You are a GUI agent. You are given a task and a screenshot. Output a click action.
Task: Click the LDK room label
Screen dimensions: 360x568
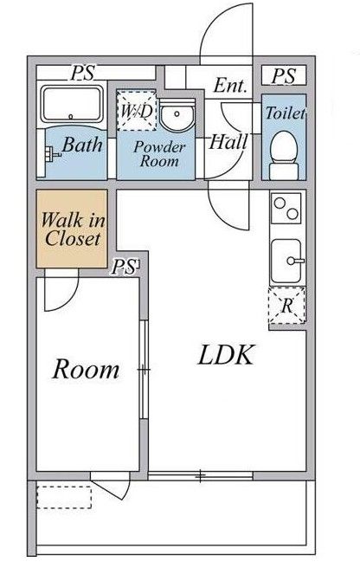(225, 355)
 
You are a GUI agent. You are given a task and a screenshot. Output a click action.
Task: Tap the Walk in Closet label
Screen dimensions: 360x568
(73, 229)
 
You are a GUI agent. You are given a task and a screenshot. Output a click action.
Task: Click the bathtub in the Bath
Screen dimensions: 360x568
(71, 104)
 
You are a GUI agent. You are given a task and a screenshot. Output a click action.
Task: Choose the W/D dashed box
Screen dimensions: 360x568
(137, 111)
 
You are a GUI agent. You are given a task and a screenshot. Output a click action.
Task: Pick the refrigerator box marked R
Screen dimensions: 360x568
(286, 306)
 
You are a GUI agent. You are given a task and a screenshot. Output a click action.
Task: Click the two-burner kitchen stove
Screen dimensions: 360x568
(286, 209)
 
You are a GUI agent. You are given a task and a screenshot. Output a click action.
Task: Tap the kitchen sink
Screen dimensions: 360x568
(286, 261)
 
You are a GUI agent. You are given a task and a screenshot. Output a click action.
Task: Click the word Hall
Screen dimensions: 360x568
(228, 142)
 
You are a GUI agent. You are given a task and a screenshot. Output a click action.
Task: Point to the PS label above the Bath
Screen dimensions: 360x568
(82, 73)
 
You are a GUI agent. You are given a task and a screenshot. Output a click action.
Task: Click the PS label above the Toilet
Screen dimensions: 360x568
(284, 76)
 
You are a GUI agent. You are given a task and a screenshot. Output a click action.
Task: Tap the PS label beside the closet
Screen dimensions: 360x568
(125, 267)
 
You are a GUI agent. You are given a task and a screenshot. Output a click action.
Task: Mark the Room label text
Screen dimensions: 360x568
(86, 369)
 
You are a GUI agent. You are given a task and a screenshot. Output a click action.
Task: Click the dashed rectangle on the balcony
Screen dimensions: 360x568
(64, 497)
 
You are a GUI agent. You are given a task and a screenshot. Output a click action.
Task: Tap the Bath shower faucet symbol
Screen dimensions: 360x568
(52, 153)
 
